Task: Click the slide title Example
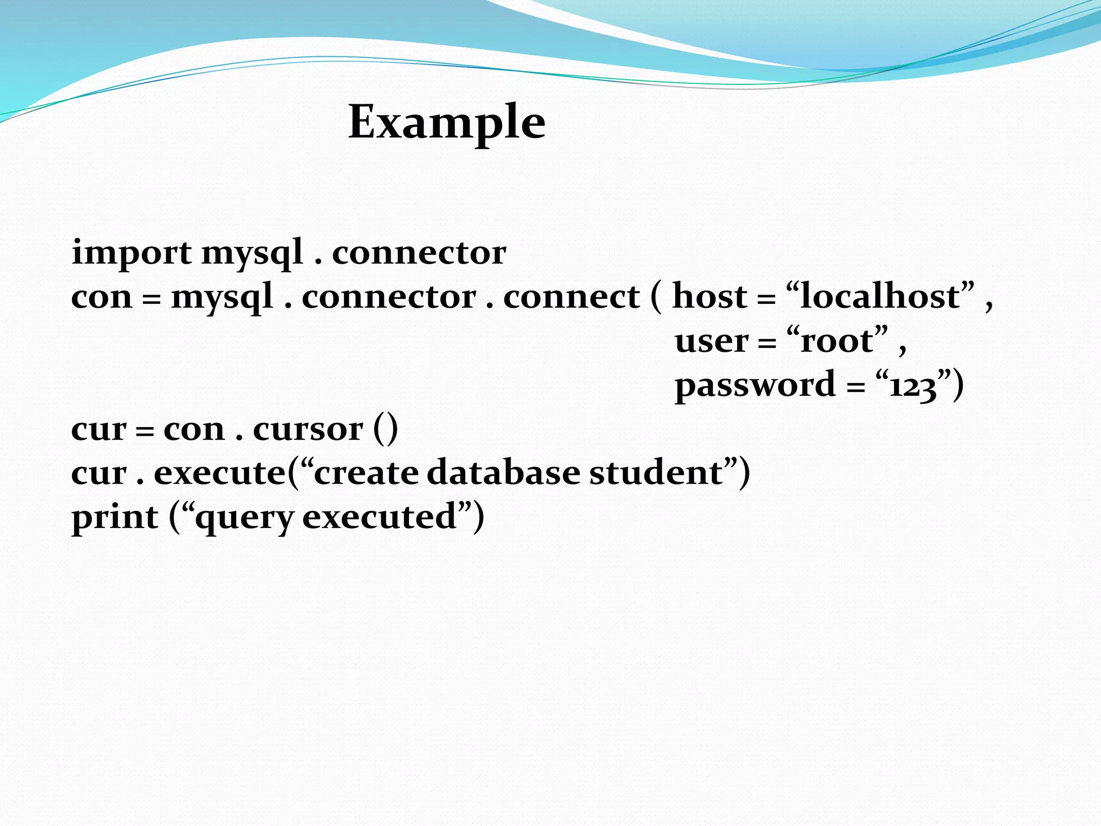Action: coord(447,123)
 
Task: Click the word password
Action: coord(755,385)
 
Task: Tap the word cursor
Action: coord(308,429)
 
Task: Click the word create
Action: coord(366,473)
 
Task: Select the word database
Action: coord(504,473)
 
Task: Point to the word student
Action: coord(656,473)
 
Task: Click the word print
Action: coord(115,517)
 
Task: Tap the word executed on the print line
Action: coord(380,517)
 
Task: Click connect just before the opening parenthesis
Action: coord(571,297)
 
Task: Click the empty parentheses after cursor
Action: coord(385,429)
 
